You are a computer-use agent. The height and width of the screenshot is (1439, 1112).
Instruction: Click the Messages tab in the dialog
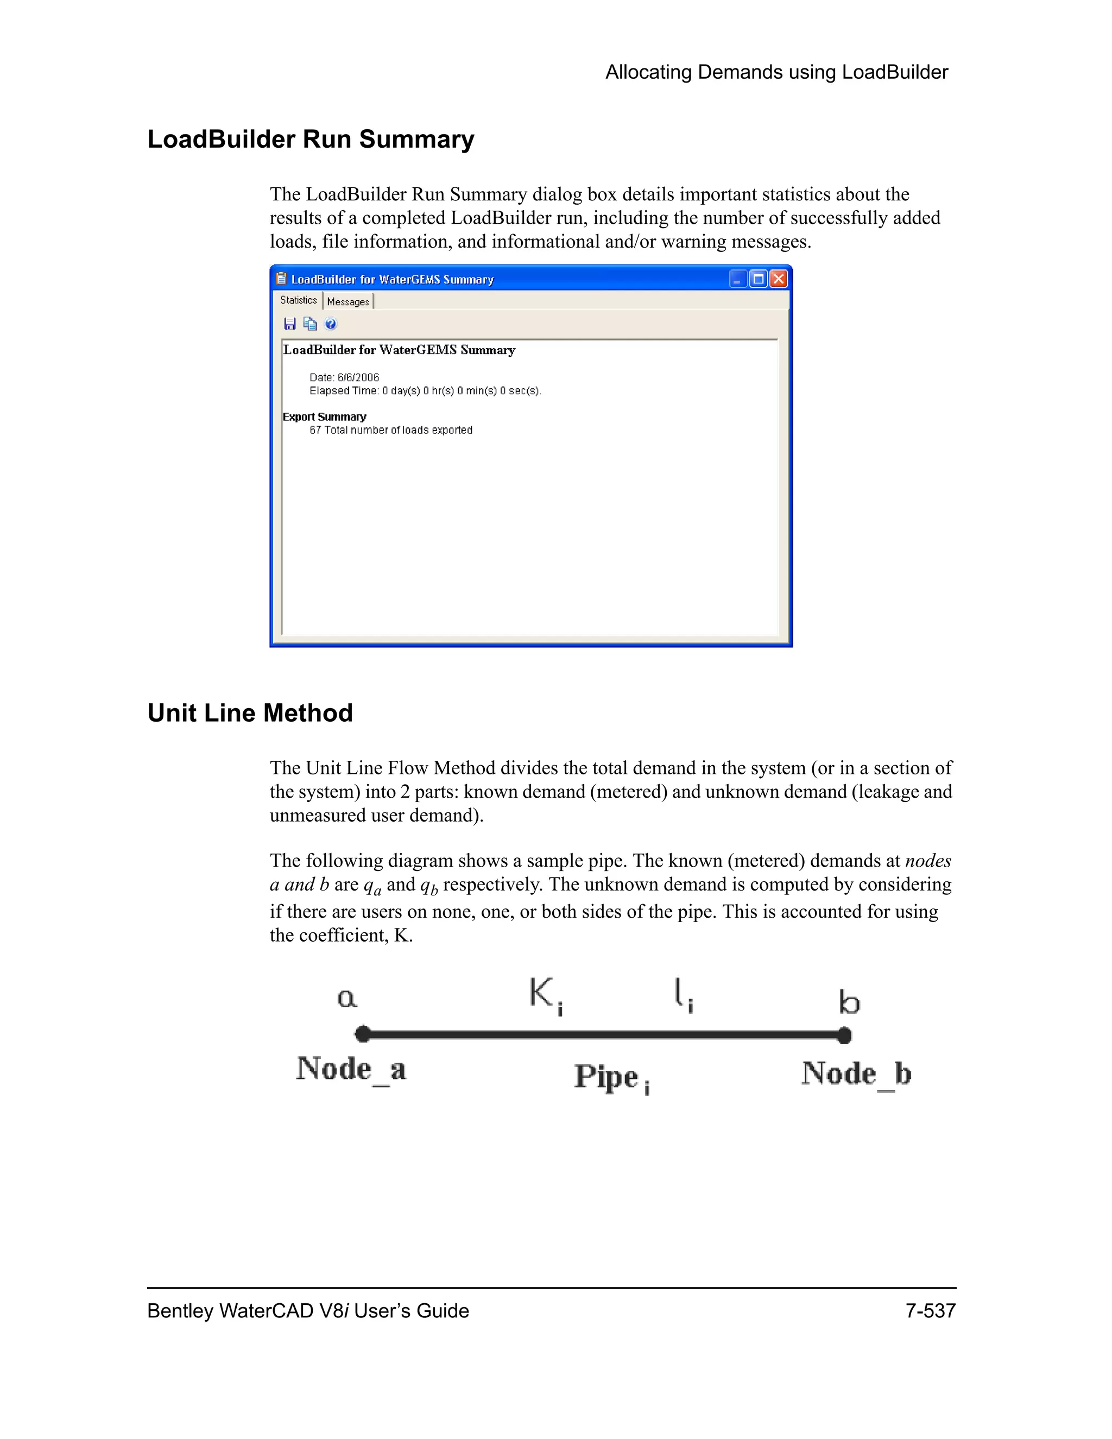(x=348, y=302)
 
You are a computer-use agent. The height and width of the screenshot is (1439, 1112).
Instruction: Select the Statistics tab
(x=299, y=300)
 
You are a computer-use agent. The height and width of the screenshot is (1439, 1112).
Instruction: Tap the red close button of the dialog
(x=779, y=279)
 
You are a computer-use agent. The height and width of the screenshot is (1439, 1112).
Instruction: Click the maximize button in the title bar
(x=758, y=279)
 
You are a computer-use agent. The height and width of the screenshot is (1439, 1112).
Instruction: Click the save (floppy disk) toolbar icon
(x=290, y=324)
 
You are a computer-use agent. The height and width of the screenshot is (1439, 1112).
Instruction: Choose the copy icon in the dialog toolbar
(x=309, y=324)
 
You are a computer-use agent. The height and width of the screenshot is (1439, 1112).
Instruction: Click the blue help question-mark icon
(x=331, y=324)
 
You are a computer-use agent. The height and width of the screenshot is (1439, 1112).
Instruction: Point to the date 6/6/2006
(x=358, y=377)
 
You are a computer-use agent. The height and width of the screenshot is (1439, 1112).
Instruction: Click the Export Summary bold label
(x=324, y=417)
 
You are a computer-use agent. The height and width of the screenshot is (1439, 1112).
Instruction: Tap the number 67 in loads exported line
(x=315, y=430)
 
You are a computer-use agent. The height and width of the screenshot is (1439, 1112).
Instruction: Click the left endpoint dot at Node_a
(x=362, y=1034)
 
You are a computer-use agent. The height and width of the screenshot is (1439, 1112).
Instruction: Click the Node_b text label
(x=856, y=1074)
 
